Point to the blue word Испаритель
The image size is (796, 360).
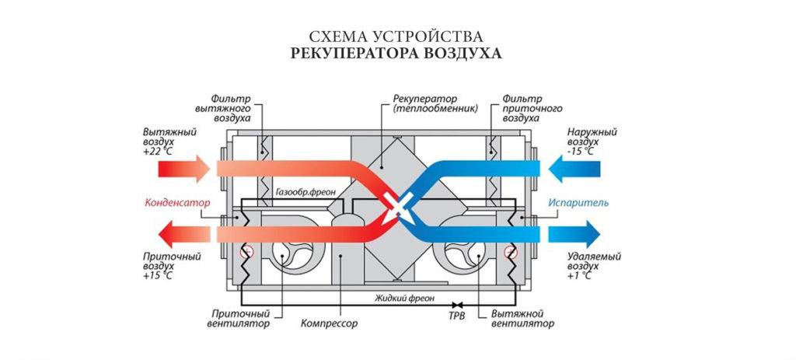coord(579,204)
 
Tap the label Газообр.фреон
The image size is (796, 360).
coord(302,190)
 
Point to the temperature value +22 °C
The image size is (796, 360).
coord(158,153)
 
